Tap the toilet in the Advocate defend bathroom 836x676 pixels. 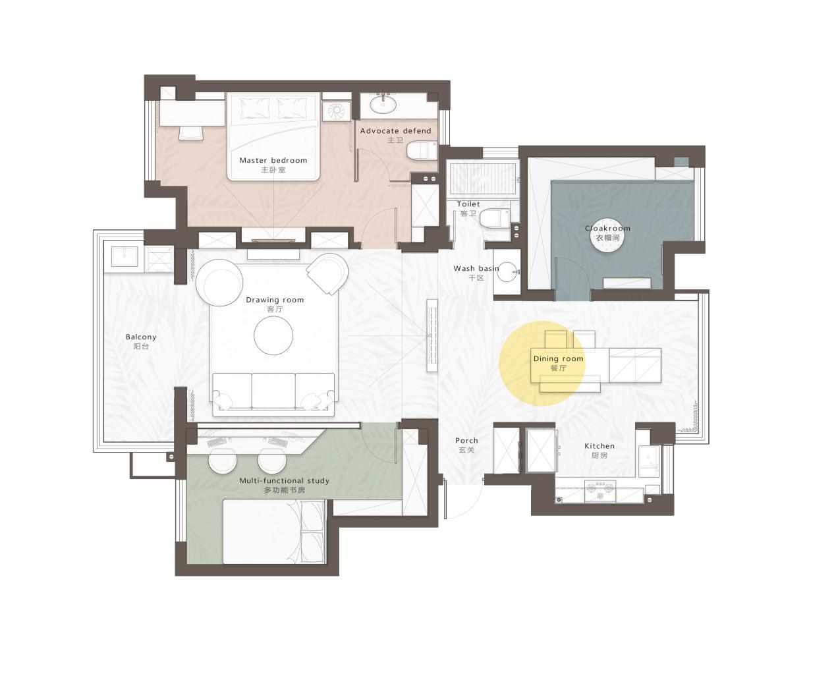[422, 151]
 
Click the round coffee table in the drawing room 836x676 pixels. [273, 335]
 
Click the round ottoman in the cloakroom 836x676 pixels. [607, 241]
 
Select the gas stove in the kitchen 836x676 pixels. [599, 491]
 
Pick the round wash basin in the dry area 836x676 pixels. [507, 272]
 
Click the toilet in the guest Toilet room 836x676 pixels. [495, 219]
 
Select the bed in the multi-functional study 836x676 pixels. [274, 532]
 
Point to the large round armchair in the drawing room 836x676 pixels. [219, 283]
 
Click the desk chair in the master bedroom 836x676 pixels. [192, 132]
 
